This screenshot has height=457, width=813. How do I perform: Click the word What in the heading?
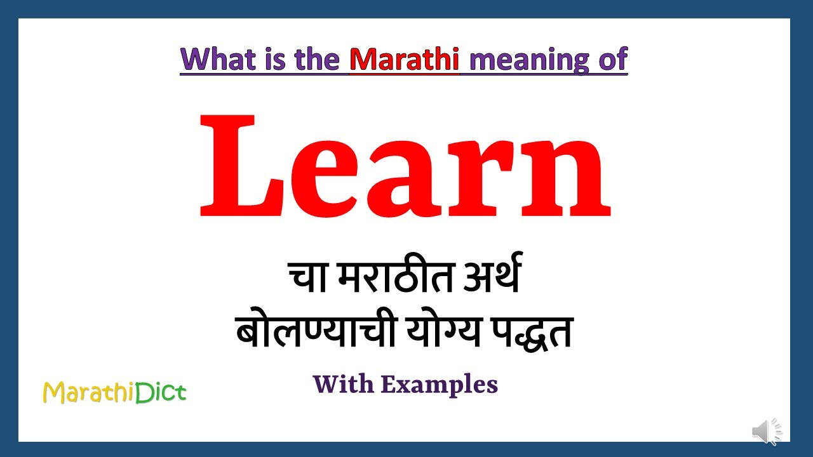(x=216, y=59)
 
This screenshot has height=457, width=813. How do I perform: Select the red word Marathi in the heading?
(x=404, y=59)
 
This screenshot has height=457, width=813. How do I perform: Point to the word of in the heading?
(x=612, y=59)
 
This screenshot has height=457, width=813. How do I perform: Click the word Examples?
(x=440, y=385)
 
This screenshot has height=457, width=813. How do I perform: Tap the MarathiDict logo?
(x=114, y=392)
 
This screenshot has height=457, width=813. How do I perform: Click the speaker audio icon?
(x=767, y=432)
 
